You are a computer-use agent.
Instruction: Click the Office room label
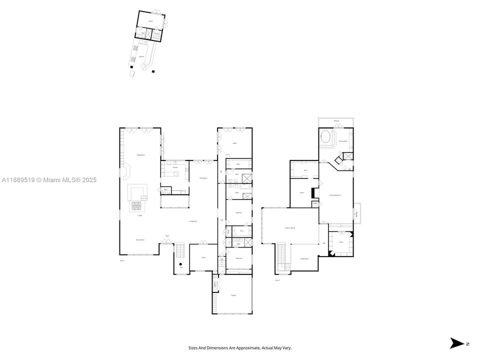coord(234,143)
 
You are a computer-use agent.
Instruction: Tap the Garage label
coord(233,295)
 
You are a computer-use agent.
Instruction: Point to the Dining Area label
coord(203,178)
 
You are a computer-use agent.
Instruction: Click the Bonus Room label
coord(140,240)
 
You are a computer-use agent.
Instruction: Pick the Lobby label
coord(139,215)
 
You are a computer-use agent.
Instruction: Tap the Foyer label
coord(167,236)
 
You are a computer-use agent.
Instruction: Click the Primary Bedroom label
coord(334,195)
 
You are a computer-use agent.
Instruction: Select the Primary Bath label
coord(342,141)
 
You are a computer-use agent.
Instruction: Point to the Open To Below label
coord(290,227)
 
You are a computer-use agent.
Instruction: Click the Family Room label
coord(304,258)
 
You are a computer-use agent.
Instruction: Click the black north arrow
coord(456,343)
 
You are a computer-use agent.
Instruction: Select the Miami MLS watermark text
coord(49,180)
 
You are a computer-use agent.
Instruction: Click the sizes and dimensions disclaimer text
coord(240,347)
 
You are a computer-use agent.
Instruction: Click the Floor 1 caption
coord(122,260)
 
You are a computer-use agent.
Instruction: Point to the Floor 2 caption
coord(277,280)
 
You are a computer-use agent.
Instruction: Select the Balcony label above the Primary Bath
coord(336,121)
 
